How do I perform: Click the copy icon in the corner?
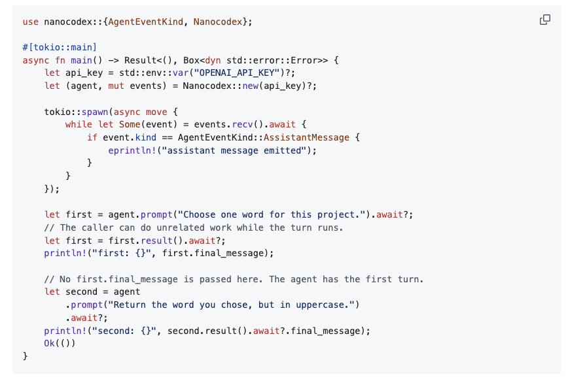click(545, 20)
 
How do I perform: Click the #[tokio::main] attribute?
click(60, 48)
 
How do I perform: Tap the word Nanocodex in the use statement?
click(218, 22)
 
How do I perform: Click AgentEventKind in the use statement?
click(146, 22)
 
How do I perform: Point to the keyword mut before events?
click(116, 86)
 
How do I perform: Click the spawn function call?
click(94, 112)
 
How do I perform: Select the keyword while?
click(79, 124)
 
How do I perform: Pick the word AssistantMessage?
click(306, 137)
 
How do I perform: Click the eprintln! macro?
click(132, 150)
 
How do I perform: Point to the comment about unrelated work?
click(194, 227)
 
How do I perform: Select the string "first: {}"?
click(122, 254)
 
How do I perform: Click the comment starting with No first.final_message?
click(234, 279)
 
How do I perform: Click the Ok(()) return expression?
click(60, 343)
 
